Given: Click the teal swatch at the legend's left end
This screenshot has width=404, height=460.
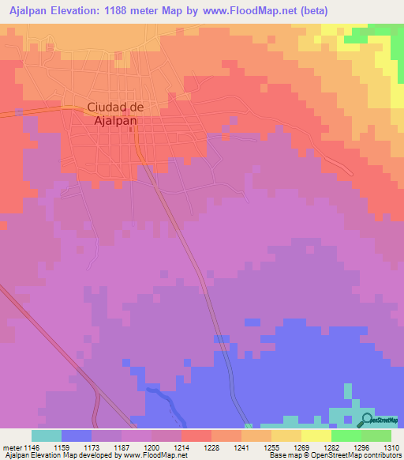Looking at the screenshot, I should pos(47,435).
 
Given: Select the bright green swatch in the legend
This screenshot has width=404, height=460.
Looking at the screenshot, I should pos(346,435).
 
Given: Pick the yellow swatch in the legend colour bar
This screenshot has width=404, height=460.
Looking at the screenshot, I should pos(316,435).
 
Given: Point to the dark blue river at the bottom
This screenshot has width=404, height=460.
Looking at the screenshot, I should pos(166,403).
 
